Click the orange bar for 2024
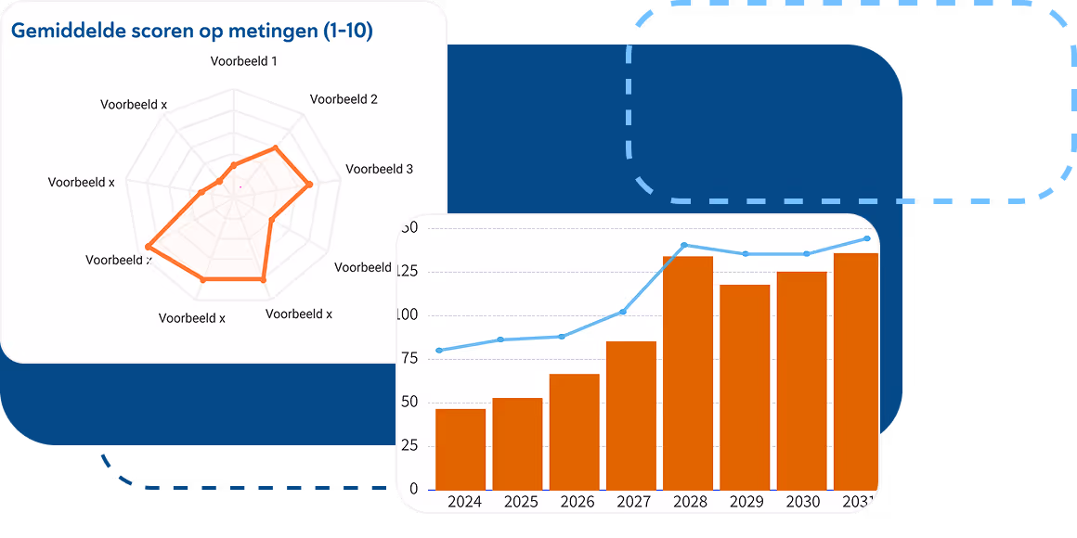461,449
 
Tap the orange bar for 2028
688,373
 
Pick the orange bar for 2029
745,387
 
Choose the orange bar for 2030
801,380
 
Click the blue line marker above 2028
684,245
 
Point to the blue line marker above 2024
438,351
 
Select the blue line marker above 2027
623,312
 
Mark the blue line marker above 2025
500,339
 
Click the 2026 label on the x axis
577,502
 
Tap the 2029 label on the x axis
746,502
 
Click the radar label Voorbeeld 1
244,61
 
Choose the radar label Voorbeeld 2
344,99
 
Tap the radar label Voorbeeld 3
379,169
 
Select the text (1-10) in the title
347,31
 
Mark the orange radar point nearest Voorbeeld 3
310,186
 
